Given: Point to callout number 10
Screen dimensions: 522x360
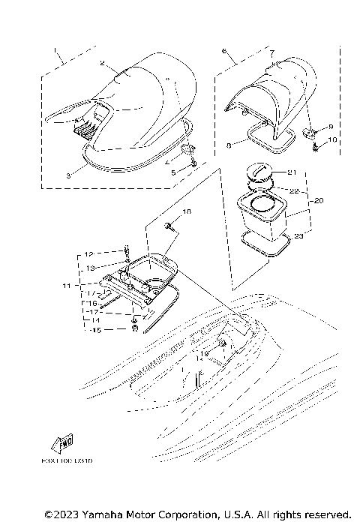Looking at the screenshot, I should tap(332, 140).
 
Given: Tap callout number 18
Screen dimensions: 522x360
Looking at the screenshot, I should tap(187, 213).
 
